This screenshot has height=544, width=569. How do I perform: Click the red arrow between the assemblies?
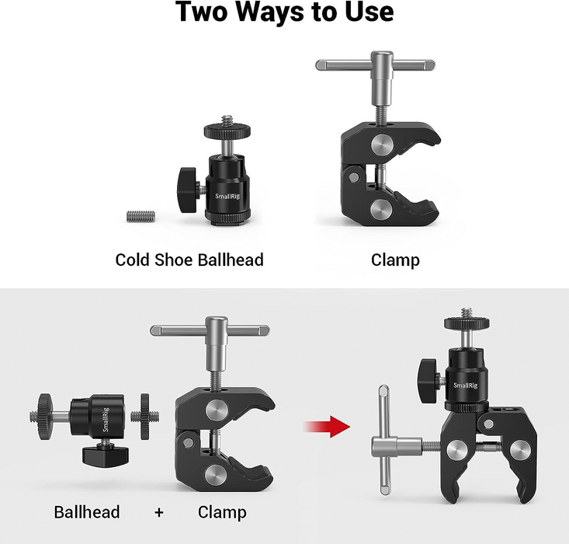tap(326, 425)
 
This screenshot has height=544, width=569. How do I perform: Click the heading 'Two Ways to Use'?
tap(284, 13)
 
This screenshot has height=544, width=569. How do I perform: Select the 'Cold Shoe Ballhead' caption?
tap(189, 260)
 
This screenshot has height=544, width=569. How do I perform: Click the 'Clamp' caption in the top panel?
tap(395, 260)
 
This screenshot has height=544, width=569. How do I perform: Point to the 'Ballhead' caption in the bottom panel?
tap(87, 512)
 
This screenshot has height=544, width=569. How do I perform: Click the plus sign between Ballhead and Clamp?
tap(158, 512)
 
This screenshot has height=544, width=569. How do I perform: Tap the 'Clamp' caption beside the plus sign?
tap(222, 512)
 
